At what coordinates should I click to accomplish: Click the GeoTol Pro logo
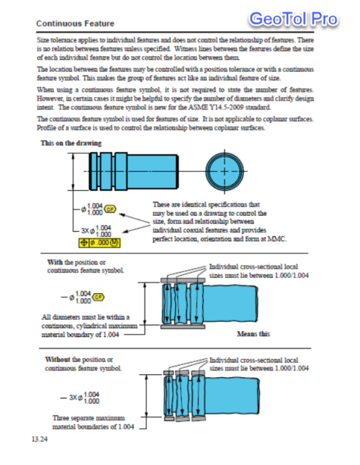click(293, 19)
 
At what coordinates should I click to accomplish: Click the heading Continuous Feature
click(75, 24)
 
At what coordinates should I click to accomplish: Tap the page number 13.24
click(40, 439)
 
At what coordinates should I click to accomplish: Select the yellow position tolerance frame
click(99, 243)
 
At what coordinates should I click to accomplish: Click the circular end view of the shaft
click(225, 171)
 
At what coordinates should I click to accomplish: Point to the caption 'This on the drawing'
click(71, 143)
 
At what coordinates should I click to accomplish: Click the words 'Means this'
click(253, 334)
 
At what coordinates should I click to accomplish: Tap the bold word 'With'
click(55, 262)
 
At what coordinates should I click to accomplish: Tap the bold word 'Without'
click(58, 359)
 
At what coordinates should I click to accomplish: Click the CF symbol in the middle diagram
click(99, 297)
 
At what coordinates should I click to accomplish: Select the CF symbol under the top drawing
click(110, 209)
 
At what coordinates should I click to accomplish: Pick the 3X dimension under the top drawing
click(96, 231)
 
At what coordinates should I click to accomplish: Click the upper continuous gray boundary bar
click(183, 280)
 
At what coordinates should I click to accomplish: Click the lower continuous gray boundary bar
click(183, 327)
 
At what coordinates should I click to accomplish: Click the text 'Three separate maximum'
click(89, 417)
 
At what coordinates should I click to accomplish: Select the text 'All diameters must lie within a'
click(86, 317)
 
